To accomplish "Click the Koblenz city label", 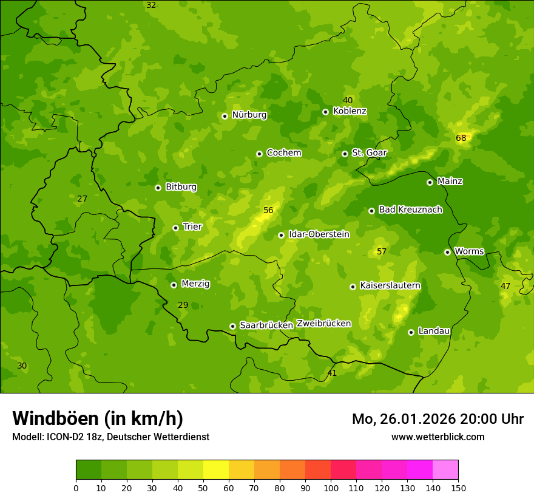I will click(350, 111).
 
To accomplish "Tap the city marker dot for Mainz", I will click(430, 182).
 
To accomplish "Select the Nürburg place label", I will click(249, 115).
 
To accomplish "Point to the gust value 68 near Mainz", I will click(461, 138).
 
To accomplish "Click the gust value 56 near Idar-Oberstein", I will click(268, 211).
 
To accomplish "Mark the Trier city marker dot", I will click(175, 228).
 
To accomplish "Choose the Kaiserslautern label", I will click(390, 285).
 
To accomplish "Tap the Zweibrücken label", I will click(323, 324).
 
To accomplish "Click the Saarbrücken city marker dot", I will click(232, 326).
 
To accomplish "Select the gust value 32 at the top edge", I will click(151, 5).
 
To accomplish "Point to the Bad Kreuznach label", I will click(410, 209).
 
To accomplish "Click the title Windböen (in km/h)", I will click(98, 418).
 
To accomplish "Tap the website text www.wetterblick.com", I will click(438, 437).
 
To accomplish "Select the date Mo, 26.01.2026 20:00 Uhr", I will click(438, 419).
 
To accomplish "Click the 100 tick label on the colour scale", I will click(331, 488).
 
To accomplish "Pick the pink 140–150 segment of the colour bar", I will click(445, 470).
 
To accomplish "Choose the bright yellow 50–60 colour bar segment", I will click(216, 470).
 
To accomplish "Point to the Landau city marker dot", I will click(411, 332).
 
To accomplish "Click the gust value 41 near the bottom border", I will click(332, 373).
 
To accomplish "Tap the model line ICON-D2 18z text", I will click(110, 437).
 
